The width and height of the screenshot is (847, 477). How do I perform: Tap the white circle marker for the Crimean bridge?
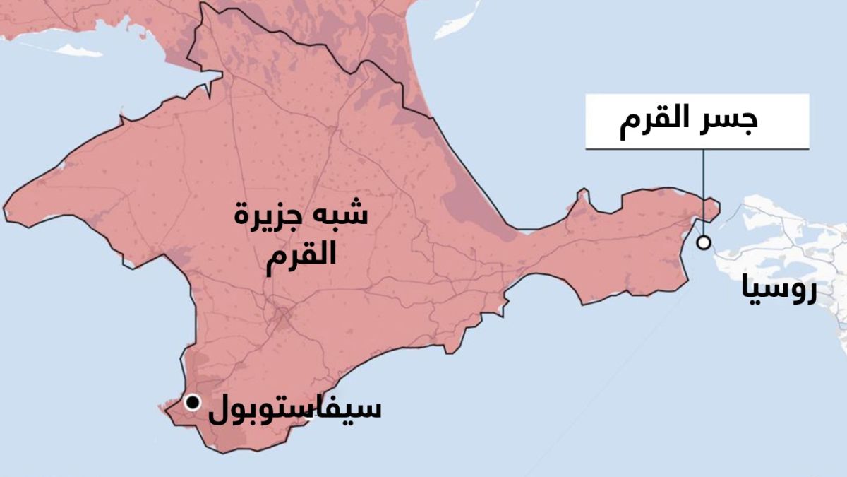tap(703, 243)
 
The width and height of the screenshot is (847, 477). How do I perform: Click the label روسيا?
tap(779, 290)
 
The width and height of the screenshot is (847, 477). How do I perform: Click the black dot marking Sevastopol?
tap(192, 402)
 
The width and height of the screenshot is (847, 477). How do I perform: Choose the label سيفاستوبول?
tap(294, 409)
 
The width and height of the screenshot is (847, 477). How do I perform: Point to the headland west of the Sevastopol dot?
tap(167, 407)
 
